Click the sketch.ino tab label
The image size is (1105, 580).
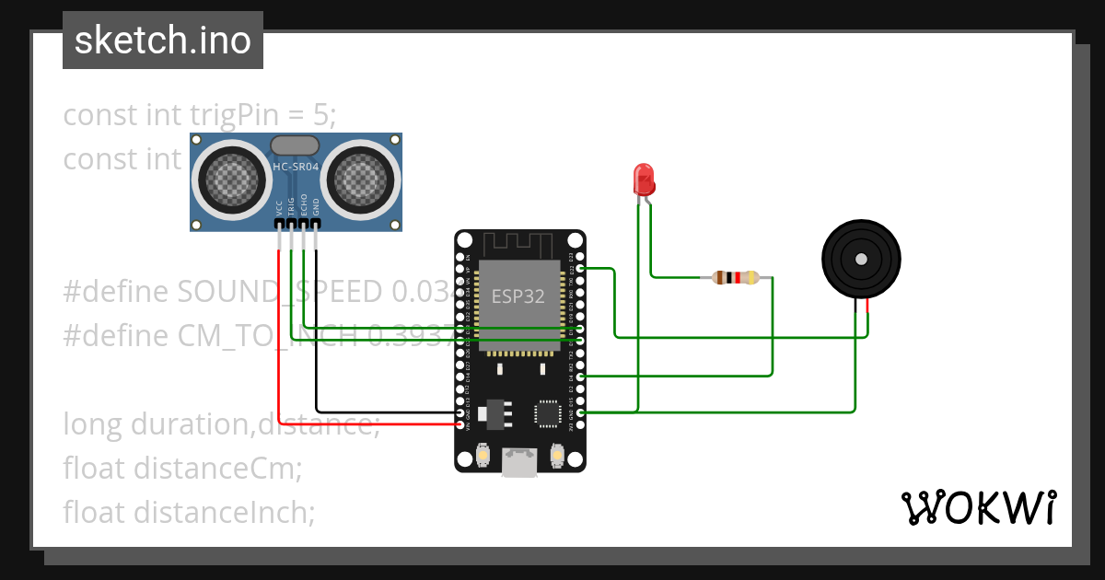(162, 41)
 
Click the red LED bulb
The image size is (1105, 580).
(643, 178)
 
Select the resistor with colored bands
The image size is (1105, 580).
(734, 277)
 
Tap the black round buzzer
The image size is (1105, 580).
(861, 260)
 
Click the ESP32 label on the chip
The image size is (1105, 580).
(518, 296)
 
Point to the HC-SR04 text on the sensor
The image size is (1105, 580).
(296, 167)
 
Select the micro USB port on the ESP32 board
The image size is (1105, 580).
(519, 461)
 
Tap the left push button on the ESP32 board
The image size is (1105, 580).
(483, 455)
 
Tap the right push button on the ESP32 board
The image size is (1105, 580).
(556, 455)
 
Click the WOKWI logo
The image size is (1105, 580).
(978, 507)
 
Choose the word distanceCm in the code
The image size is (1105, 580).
(217, 468)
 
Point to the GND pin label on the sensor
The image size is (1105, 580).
(316, 208)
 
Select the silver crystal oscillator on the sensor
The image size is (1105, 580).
(295, 145)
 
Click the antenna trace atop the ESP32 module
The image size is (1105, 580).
(518, 245)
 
